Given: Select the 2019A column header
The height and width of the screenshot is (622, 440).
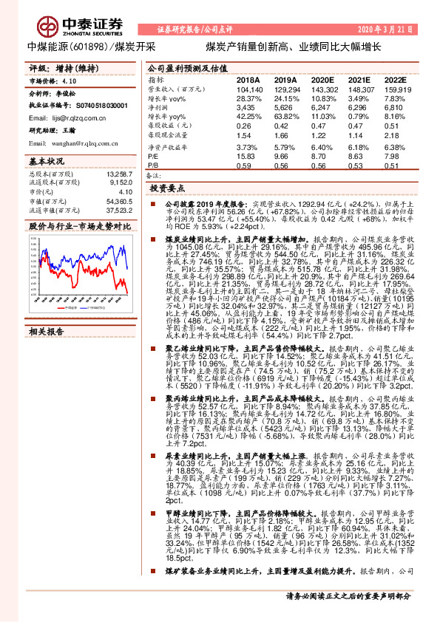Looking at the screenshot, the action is pos(285,78).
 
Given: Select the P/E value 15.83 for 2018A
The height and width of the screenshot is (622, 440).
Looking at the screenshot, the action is pos(246,157).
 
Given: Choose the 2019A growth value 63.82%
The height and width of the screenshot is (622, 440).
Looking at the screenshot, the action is pos(285,117).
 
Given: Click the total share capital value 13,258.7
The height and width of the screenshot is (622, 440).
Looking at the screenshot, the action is pos(118,174).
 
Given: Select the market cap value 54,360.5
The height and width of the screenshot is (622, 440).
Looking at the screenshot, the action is pos(118,200).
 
